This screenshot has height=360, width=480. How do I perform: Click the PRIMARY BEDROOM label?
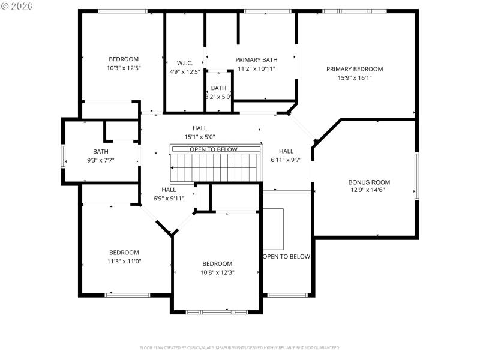coord(355,69)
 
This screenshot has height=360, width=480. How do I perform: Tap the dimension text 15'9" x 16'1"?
coord(355,77)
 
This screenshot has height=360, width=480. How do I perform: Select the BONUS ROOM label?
coord(369,182)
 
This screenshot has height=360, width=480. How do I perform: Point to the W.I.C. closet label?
coord(184,63)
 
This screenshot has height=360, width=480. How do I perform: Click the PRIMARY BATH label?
coord(256,59)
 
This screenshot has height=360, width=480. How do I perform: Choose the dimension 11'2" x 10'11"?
coord(256,68)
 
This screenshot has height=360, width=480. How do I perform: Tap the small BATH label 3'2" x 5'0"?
coord(218,88)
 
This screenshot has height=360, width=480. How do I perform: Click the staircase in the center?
coord(216,166)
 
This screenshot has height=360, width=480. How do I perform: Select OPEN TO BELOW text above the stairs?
coord(214,149)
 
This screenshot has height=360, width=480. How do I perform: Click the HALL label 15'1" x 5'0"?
coord(200,128)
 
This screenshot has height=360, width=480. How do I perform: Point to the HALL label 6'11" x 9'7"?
coord(286,151)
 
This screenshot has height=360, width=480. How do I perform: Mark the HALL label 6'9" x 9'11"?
coord(169,190)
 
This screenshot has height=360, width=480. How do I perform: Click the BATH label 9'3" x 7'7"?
coord(100,151)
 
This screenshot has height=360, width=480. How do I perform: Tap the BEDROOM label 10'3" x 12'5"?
coord(124,59)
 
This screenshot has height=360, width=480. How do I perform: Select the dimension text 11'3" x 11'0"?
coord(124,261)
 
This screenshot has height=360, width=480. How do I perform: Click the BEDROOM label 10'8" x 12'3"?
coord(217,264)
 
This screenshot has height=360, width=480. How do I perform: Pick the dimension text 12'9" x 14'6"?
coord(369,190)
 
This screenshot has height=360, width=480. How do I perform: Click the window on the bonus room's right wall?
coord(416,175)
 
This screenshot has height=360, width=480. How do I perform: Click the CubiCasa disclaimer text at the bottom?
coord(240,347)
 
